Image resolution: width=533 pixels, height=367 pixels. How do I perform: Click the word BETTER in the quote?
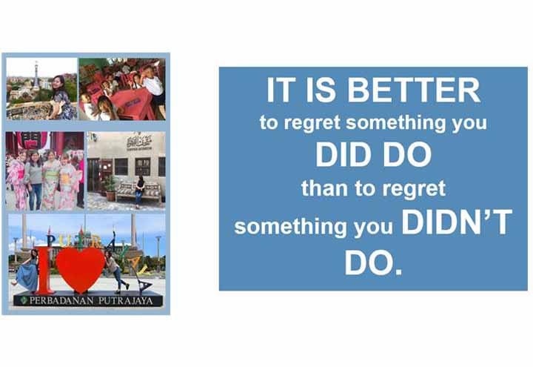click(414, 90)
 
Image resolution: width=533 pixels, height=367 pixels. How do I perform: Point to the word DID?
click(343, 154)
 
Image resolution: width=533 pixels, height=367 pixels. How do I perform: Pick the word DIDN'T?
click(457, 222)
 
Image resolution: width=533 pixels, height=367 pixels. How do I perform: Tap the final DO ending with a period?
click(373, 262)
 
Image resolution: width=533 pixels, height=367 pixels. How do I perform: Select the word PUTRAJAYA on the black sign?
click(126, 301)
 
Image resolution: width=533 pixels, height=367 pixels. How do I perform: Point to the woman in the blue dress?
click(27, 271)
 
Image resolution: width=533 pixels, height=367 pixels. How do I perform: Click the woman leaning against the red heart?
click(115, 271)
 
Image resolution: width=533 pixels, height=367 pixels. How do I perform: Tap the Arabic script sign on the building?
click(139, 142)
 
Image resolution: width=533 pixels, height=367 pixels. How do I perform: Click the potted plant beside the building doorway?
click(110, 188)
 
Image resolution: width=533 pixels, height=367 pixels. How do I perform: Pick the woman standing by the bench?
click(140, 191)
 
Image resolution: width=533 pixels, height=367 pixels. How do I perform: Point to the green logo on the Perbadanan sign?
click(24, 300)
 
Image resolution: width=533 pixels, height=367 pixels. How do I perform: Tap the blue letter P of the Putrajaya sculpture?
click(50, 242)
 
